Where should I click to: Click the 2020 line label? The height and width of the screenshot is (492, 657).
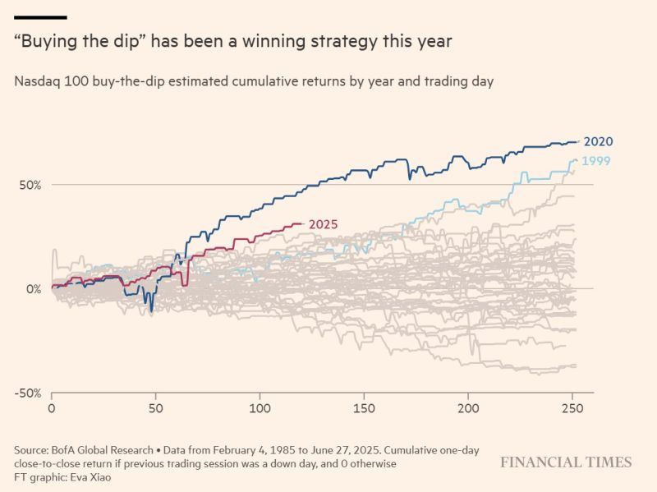(599, 141)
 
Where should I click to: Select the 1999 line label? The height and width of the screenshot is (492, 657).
(595, 161)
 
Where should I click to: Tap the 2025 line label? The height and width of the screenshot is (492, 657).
(323, 224)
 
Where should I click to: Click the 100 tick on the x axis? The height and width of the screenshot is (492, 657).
(260, 408)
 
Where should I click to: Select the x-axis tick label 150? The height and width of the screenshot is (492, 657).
(365, 408)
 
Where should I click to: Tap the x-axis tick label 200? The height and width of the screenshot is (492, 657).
(469, 408)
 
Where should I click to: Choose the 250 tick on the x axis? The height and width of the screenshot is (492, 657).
(573, 408)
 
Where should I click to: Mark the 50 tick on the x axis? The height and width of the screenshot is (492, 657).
(156, 408)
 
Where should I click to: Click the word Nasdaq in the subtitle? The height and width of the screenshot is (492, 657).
(36, 81)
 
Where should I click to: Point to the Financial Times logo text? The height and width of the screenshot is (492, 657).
(566, 462)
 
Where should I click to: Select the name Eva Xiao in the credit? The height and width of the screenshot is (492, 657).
(94, 477)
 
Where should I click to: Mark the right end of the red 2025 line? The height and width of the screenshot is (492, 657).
(304, 223)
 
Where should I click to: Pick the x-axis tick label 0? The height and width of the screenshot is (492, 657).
(52, 408)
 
